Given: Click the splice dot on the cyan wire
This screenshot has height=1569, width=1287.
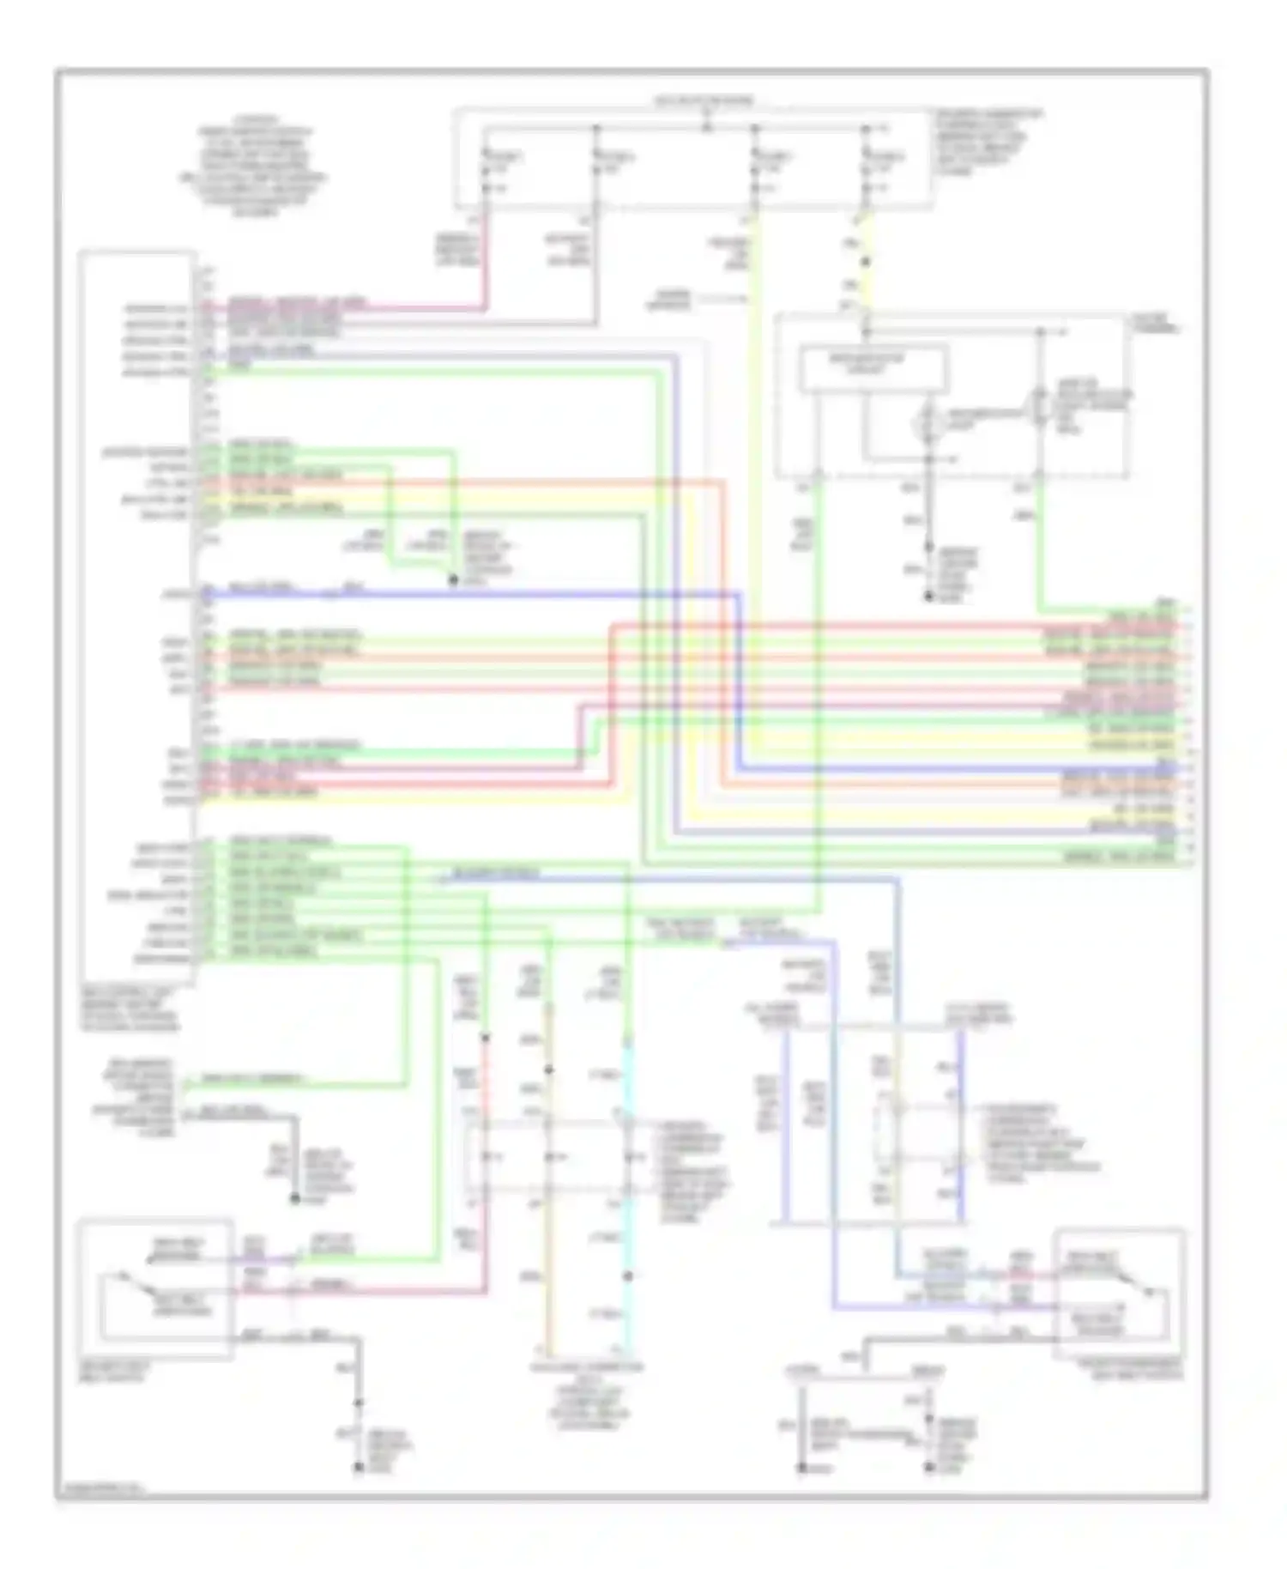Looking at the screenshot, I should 628,1276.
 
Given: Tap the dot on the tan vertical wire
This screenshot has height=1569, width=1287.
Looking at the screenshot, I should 548,1070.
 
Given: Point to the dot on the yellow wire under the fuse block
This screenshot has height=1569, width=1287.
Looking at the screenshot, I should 866,263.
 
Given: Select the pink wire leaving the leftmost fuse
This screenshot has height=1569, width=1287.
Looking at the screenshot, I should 486,257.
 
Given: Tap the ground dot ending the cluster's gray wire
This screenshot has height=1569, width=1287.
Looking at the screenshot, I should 928,597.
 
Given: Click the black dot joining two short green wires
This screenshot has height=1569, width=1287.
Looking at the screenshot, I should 453,580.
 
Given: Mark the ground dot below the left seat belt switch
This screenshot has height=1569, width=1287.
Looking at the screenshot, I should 359,1467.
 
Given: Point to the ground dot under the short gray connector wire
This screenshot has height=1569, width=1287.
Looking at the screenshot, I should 294,1198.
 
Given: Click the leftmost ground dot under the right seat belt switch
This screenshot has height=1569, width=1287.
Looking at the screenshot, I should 801,1469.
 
